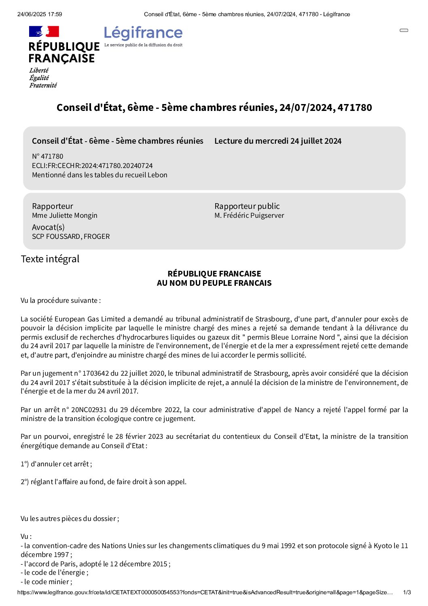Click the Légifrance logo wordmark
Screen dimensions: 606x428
click(143, 33)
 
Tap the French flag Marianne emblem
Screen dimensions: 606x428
click(44, 32)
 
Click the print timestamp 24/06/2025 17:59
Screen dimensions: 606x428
click(40, 14)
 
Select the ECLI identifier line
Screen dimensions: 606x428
click(92, 166)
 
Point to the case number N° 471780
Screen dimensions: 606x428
click(48, 156)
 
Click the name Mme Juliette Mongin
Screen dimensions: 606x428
click(65, 215)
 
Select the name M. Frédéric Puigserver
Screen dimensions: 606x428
click(249, 215)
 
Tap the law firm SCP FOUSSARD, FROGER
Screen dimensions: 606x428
click(71, 236)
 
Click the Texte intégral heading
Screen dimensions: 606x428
click(50, 259)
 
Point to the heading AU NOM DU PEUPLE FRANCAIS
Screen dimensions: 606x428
click(214, 283)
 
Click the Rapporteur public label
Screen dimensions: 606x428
click(247, 206)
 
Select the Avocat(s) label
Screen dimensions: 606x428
click(48, 227)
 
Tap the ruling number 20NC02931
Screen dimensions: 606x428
click(89, 410)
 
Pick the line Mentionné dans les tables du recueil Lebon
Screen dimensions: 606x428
click(100, 175)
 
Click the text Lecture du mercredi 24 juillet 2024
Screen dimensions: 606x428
click(278, 141)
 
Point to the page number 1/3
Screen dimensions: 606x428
click(407, 593)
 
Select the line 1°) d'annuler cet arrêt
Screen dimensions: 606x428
click(56, 464)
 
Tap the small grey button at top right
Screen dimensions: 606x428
click(404, 30)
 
